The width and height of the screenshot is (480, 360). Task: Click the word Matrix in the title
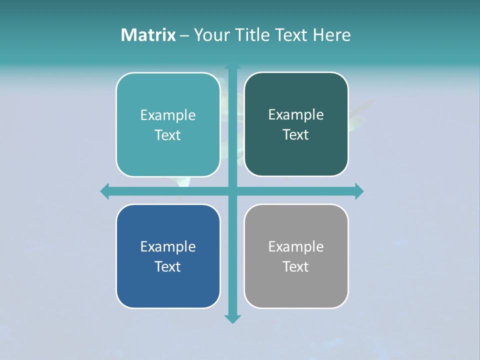point(148,35)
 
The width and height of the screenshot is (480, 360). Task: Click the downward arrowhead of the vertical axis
point(232,318)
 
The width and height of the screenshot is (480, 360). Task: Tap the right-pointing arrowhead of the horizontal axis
point(359,191)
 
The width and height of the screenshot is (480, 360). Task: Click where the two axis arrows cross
point(232,191)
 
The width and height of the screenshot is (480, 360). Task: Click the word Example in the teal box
point(168,115)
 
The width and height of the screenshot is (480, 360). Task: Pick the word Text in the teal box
point(168,135)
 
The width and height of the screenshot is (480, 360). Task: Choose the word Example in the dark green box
point(296,114)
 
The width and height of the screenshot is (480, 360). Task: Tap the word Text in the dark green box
point(296,134)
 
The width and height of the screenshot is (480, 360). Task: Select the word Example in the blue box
point(168,246)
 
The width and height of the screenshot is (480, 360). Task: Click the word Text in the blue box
point(168,266)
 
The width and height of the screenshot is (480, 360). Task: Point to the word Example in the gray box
point(296,246)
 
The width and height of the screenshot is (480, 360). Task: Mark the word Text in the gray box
point(296,266)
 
